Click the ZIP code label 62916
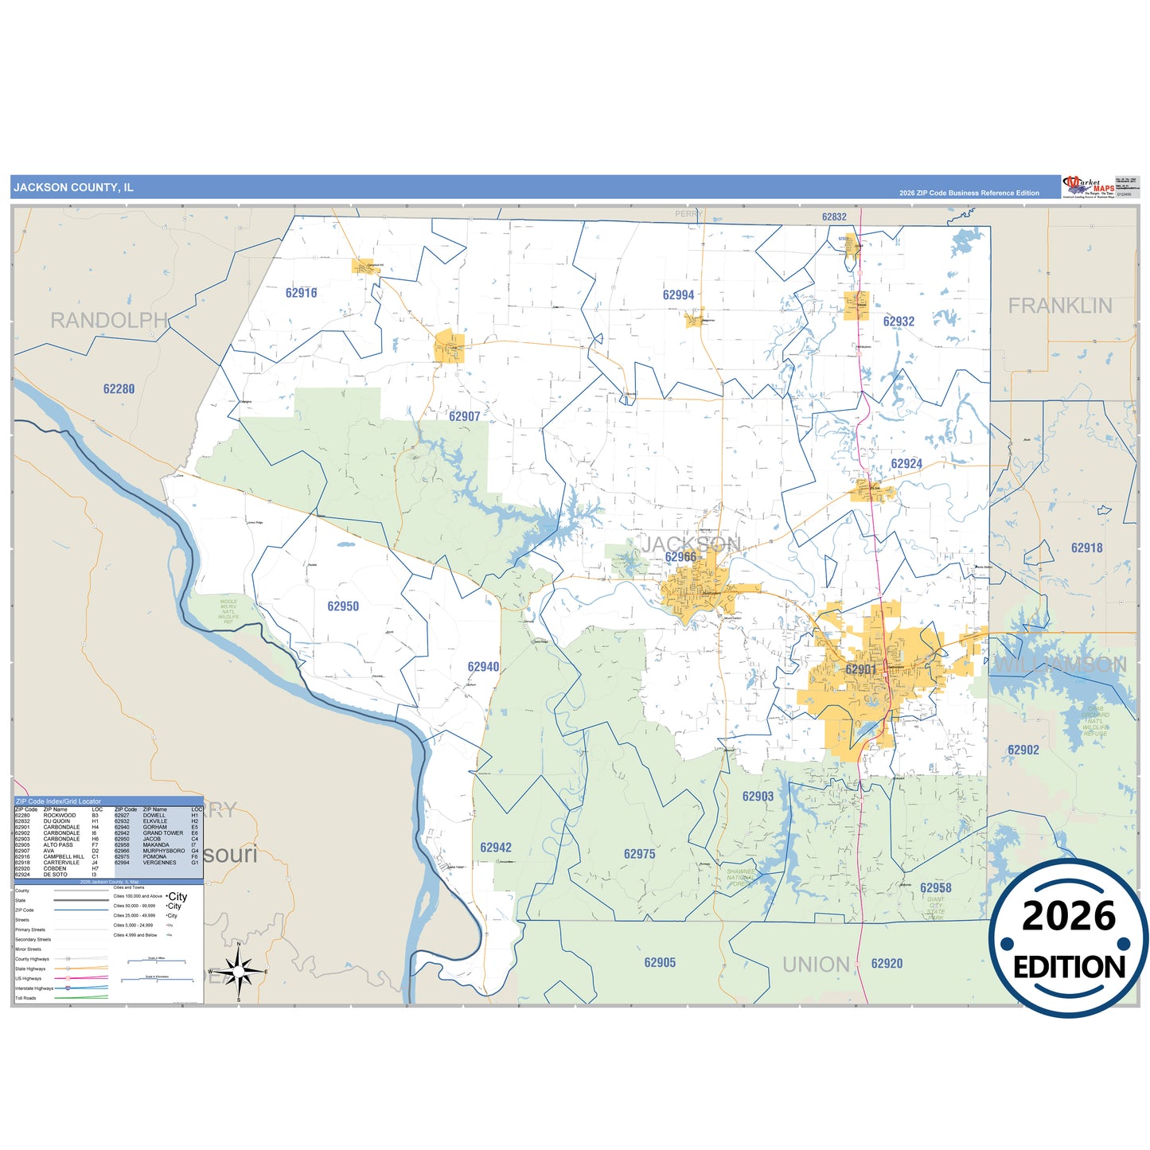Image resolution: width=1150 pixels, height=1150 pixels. pos(301,293)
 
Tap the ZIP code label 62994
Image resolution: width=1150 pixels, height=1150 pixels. pos(678,295)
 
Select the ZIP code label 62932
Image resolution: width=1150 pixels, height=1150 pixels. pos(899,322)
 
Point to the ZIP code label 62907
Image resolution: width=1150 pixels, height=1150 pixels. pos(464,416)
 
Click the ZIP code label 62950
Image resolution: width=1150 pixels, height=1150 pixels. pos(343,606)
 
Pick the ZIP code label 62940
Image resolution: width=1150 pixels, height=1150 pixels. pos(483,667)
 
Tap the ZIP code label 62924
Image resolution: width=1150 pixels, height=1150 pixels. pos(906,464)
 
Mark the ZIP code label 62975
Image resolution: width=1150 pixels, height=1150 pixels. pos(639,854)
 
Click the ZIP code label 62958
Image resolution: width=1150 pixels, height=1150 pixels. pos(935,888)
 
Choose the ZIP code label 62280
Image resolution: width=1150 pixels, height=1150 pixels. pos(119,389)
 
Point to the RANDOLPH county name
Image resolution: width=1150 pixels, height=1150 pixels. pos(109,321)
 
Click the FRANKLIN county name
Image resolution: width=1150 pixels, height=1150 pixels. pos(1060,306)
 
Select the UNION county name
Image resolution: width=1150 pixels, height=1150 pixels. pos(816,965)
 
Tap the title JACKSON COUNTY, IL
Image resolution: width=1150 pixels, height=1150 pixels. pos(73,188)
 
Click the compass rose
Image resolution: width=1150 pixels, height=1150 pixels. pos(238,971)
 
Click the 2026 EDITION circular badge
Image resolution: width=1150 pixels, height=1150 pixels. pos(1068,938)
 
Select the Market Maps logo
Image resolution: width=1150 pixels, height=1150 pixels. pos(1089,187)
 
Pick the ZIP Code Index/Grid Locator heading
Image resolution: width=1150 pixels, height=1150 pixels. pos(59,801)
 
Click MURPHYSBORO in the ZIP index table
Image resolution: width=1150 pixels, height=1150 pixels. pos(164,851)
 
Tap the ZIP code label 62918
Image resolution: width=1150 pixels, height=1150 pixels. pos(1086,548)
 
